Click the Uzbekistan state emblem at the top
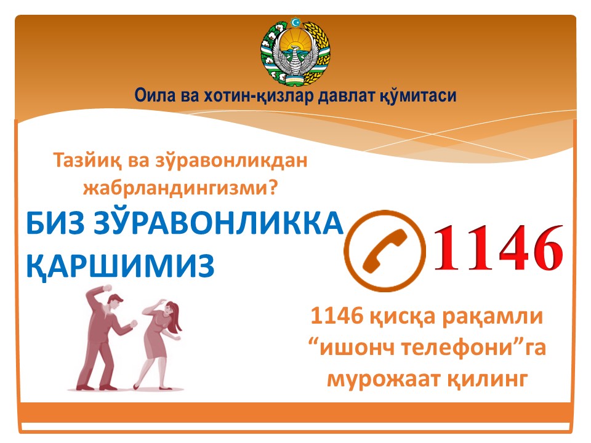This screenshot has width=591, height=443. tap(295, 51)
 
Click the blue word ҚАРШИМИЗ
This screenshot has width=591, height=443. tap(120, 266)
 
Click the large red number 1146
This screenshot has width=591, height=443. tap(499, 247)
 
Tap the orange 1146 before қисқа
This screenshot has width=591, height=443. tap(337, 316)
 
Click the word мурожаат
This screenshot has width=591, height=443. tap(383, 379)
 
